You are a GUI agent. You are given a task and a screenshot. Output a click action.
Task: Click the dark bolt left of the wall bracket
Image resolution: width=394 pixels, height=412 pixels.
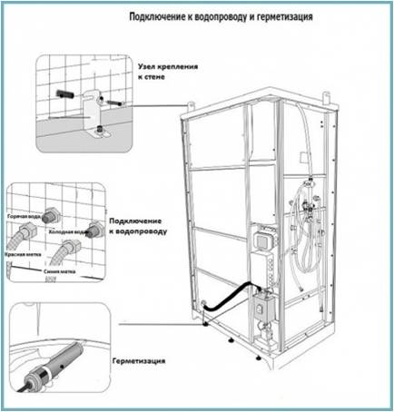(64, 94)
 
